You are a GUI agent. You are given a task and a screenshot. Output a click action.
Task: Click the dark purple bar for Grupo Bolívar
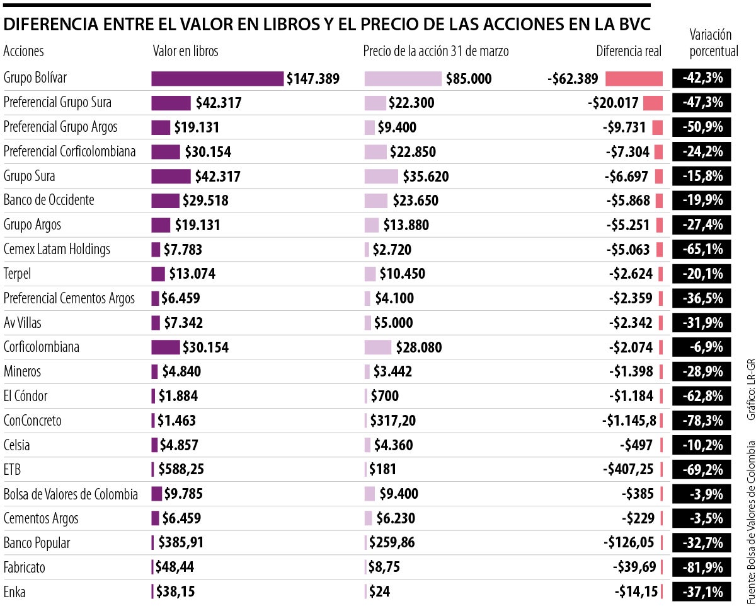[217, 78]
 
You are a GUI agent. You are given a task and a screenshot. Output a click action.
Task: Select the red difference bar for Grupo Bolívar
[634, 78]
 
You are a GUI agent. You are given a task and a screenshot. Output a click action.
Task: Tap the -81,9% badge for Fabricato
[702, 568]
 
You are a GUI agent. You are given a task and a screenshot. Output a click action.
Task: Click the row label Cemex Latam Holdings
[57, 249]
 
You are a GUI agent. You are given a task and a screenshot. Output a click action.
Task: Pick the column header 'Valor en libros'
[185, 51]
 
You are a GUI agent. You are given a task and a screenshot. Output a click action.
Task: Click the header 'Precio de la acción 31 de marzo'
[436, 51]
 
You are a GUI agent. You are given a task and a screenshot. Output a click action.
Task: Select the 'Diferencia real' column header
[629, 51]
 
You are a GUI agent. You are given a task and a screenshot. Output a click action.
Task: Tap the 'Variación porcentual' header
[714, 42]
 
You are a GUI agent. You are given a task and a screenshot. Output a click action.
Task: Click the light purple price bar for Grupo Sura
[381, 176]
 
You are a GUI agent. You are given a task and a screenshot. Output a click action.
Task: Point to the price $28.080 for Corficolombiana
[419, 347]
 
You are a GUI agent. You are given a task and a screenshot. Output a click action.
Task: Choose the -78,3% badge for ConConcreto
[702, 421]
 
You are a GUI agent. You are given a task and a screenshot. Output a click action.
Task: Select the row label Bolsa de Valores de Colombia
[71, 494]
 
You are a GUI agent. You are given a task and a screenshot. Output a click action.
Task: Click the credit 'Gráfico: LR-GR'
[750, 390]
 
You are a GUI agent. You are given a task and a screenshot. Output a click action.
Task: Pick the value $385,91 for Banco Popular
[181, 543]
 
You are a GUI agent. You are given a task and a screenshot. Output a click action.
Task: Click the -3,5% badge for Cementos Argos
[702, 518]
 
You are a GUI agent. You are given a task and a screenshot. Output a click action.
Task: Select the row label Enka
[15, 592]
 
